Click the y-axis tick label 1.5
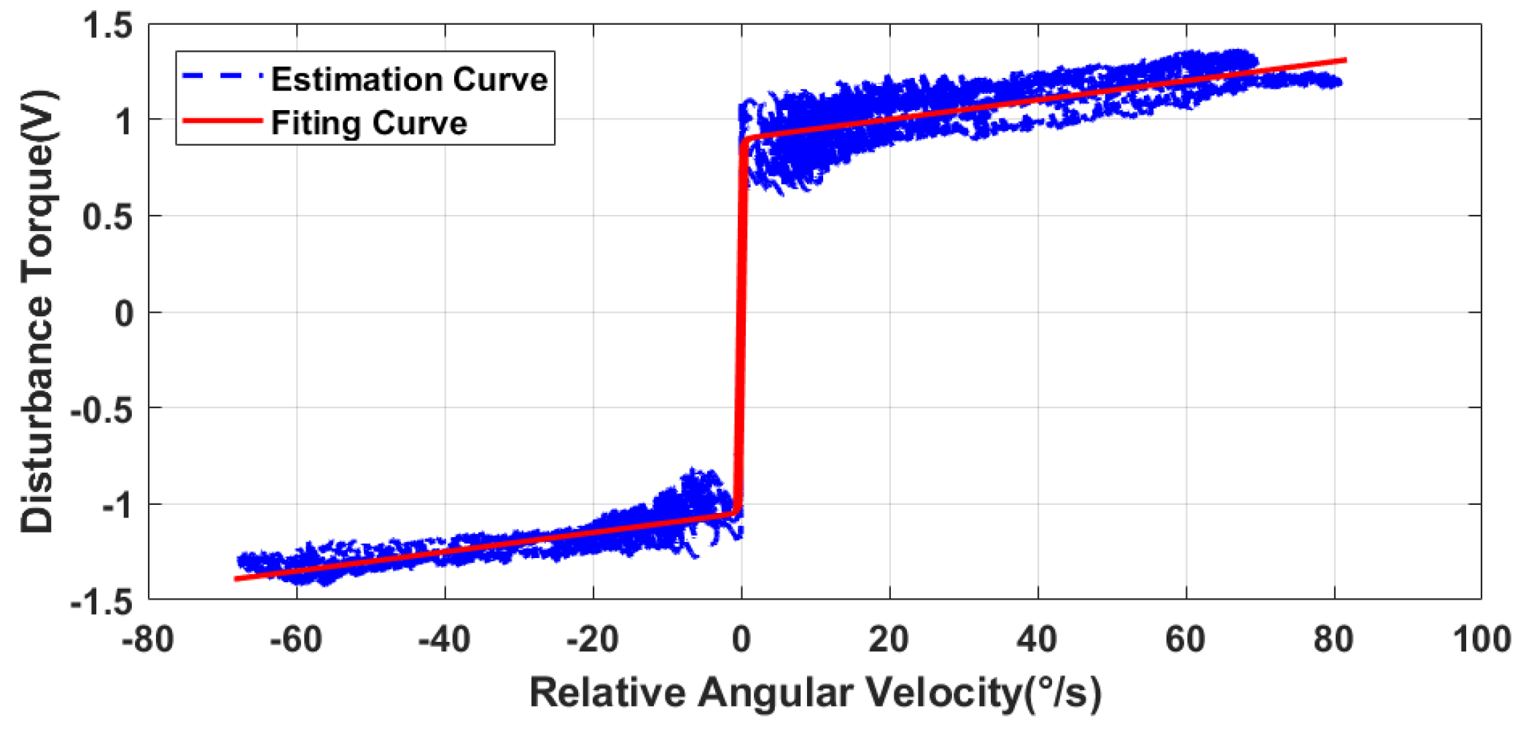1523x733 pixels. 107,26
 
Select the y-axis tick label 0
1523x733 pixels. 124,314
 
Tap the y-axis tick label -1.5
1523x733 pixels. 102,603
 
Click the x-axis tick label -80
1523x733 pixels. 147,640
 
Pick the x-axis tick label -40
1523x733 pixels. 444,640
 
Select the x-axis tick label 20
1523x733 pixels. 888,640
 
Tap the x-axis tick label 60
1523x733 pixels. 1185,640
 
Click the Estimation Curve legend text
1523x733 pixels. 409,79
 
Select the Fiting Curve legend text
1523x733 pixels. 369,122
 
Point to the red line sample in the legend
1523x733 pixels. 222,121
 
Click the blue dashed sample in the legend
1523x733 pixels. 222,76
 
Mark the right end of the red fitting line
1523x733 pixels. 1345,60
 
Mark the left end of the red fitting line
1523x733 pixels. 235,579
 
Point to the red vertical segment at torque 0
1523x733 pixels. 741,313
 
